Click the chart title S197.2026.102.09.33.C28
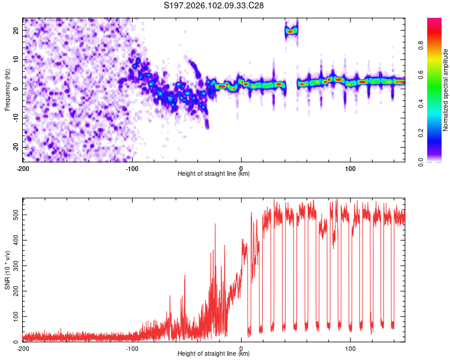coord(214,6)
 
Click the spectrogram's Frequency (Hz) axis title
coord(7,89)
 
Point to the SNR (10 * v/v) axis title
coord(7,270)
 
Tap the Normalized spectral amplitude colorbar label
coord(446,89)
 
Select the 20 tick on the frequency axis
coord(16,30)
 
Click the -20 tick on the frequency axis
coord(15,148)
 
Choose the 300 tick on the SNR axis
coord(14,265)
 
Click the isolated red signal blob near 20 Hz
coord(291,31)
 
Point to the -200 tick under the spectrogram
coord(23,168)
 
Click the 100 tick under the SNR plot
coord(350,348)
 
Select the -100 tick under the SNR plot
coord(131,348)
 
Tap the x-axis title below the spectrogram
coord(214,174)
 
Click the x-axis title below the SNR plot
coord(214,354)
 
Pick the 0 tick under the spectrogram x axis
coord(241,168)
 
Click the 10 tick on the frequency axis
coord(16,59)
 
